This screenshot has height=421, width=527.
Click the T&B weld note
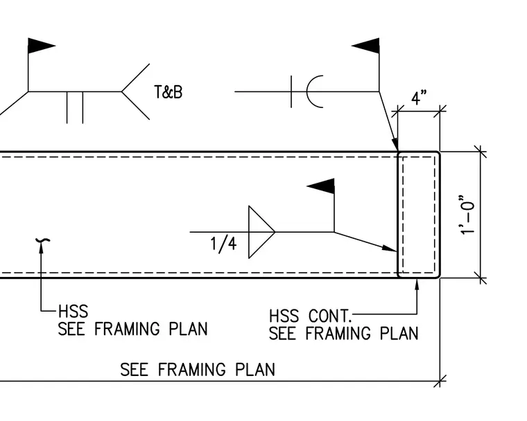pos(169,92)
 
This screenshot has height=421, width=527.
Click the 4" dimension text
pos(419,98)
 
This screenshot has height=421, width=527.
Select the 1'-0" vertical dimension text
pos(467,215)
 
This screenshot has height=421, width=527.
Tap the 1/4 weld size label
pos(223,244)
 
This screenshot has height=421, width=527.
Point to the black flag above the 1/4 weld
pos(321,186)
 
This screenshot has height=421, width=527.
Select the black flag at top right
pos(365,46)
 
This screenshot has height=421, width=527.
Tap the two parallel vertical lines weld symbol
pos(75,107)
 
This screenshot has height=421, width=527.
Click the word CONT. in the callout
pos(329,316)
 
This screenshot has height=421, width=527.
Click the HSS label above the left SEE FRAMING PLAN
pos(73,311)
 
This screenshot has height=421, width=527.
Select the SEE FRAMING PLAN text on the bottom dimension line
pos(198,370)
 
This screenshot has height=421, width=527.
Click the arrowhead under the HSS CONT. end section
pos(417,285)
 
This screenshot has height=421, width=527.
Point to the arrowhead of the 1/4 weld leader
pos(390,249)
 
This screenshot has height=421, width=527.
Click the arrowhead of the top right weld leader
pos(395,144)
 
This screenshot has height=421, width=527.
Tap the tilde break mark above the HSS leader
pos(43,240)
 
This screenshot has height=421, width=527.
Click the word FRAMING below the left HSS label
pos(127,329)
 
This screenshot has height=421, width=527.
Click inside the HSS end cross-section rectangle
pos(419,215)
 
